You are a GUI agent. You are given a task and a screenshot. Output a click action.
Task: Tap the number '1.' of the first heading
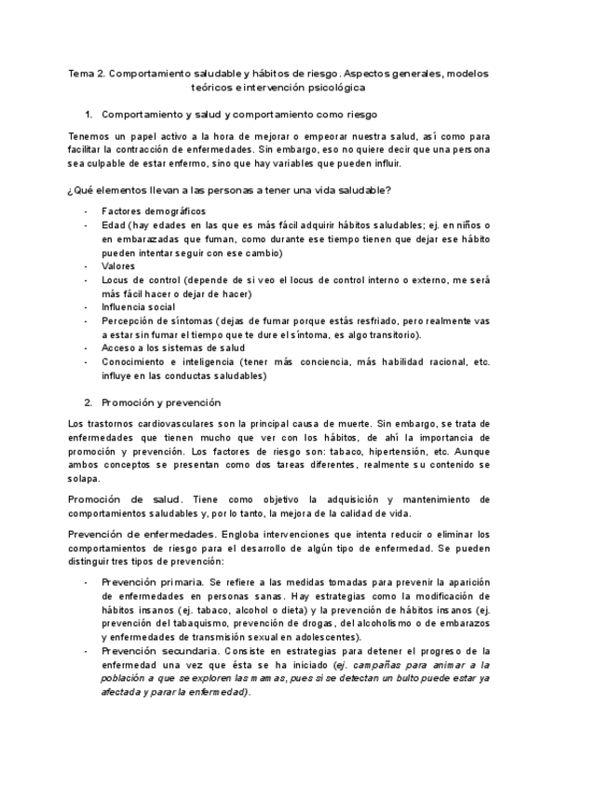point(88,115)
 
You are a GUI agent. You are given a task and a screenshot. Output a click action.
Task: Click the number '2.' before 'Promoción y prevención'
point(88,402)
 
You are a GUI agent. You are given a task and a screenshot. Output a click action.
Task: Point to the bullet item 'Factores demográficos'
point(154,211)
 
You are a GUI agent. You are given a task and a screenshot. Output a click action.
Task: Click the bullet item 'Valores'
point(118,266)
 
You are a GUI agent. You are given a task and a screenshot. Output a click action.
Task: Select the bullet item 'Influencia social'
point(138,307)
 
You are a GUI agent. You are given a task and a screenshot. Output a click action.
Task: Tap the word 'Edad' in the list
point(114,225)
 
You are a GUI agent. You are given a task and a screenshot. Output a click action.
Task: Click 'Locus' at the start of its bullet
point(116,280)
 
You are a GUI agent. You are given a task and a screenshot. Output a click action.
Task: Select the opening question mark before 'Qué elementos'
point(71,190)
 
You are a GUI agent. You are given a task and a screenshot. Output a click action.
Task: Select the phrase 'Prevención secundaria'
point(155,651)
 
